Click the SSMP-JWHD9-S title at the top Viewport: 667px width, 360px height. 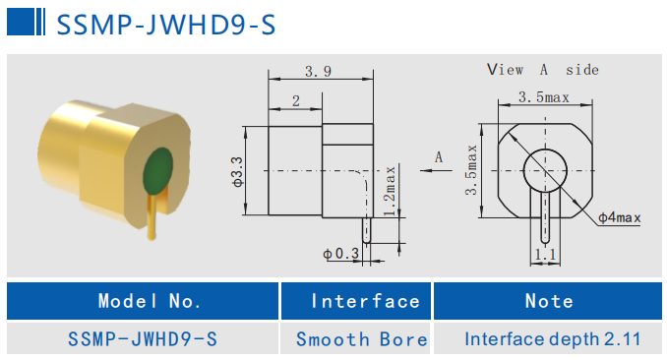point(166,25)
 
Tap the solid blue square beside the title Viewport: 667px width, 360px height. point(21,22)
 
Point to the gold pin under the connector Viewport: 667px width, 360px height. point(152,217)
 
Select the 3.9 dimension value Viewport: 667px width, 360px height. point(318,71)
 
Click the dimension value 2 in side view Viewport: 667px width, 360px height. point(296,101)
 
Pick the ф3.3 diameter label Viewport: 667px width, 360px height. point(237,171)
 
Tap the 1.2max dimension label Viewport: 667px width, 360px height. point(390,191)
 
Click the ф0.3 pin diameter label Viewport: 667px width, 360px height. point(340,254)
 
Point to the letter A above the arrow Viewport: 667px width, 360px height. point(439,157)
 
